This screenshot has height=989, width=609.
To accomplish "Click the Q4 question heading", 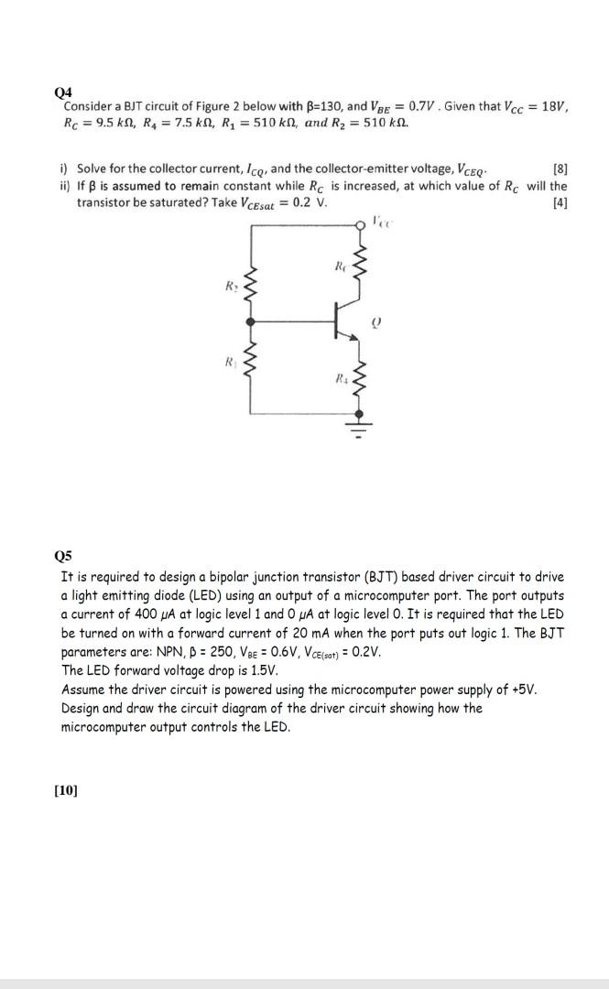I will pyautogui.click(x=62, y=92).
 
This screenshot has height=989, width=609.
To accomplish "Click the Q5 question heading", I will pyautogui.click(x=62, y=556).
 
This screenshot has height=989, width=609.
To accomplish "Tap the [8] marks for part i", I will pyautogui.click(x=560, y=169).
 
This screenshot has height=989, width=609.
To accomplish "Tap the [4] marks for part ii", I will pyautogui.click(x=560, y=202).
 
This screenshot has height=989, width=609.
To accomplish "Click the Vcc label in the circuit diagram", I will pyautogui.click(x=381, y=219).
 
